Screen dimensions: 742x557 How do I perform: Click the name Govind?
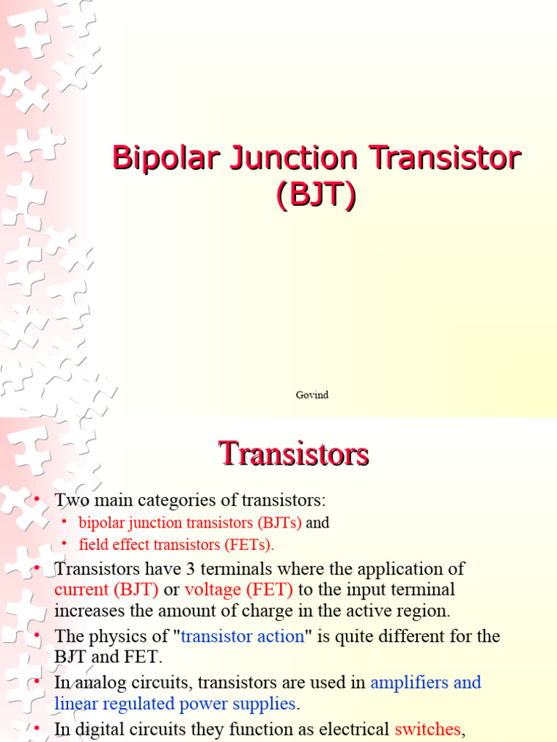click(x=312, y=395)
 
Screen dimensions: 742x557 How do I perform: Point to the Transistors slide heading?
click(x=294, y=454)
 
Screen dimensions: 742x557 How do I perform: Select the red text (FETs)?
click(x=250, y=544)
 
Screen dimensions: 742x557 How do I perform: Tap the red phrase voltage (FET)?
click(x=239, y=590)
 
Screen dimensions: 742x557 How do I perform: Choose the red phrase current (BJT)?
click(x=107, y=590)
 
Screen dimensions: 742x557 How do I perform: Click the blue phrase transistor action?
click(x=242, y=636)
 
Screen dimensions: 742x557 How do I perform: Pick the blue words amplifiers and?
click(x=426, y=682)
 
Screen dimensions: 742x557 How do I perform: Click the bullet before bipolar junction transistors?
click(x=64, y=522)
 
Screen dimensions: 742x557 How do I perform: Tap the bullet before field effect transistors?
click(x=64, y=543)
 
